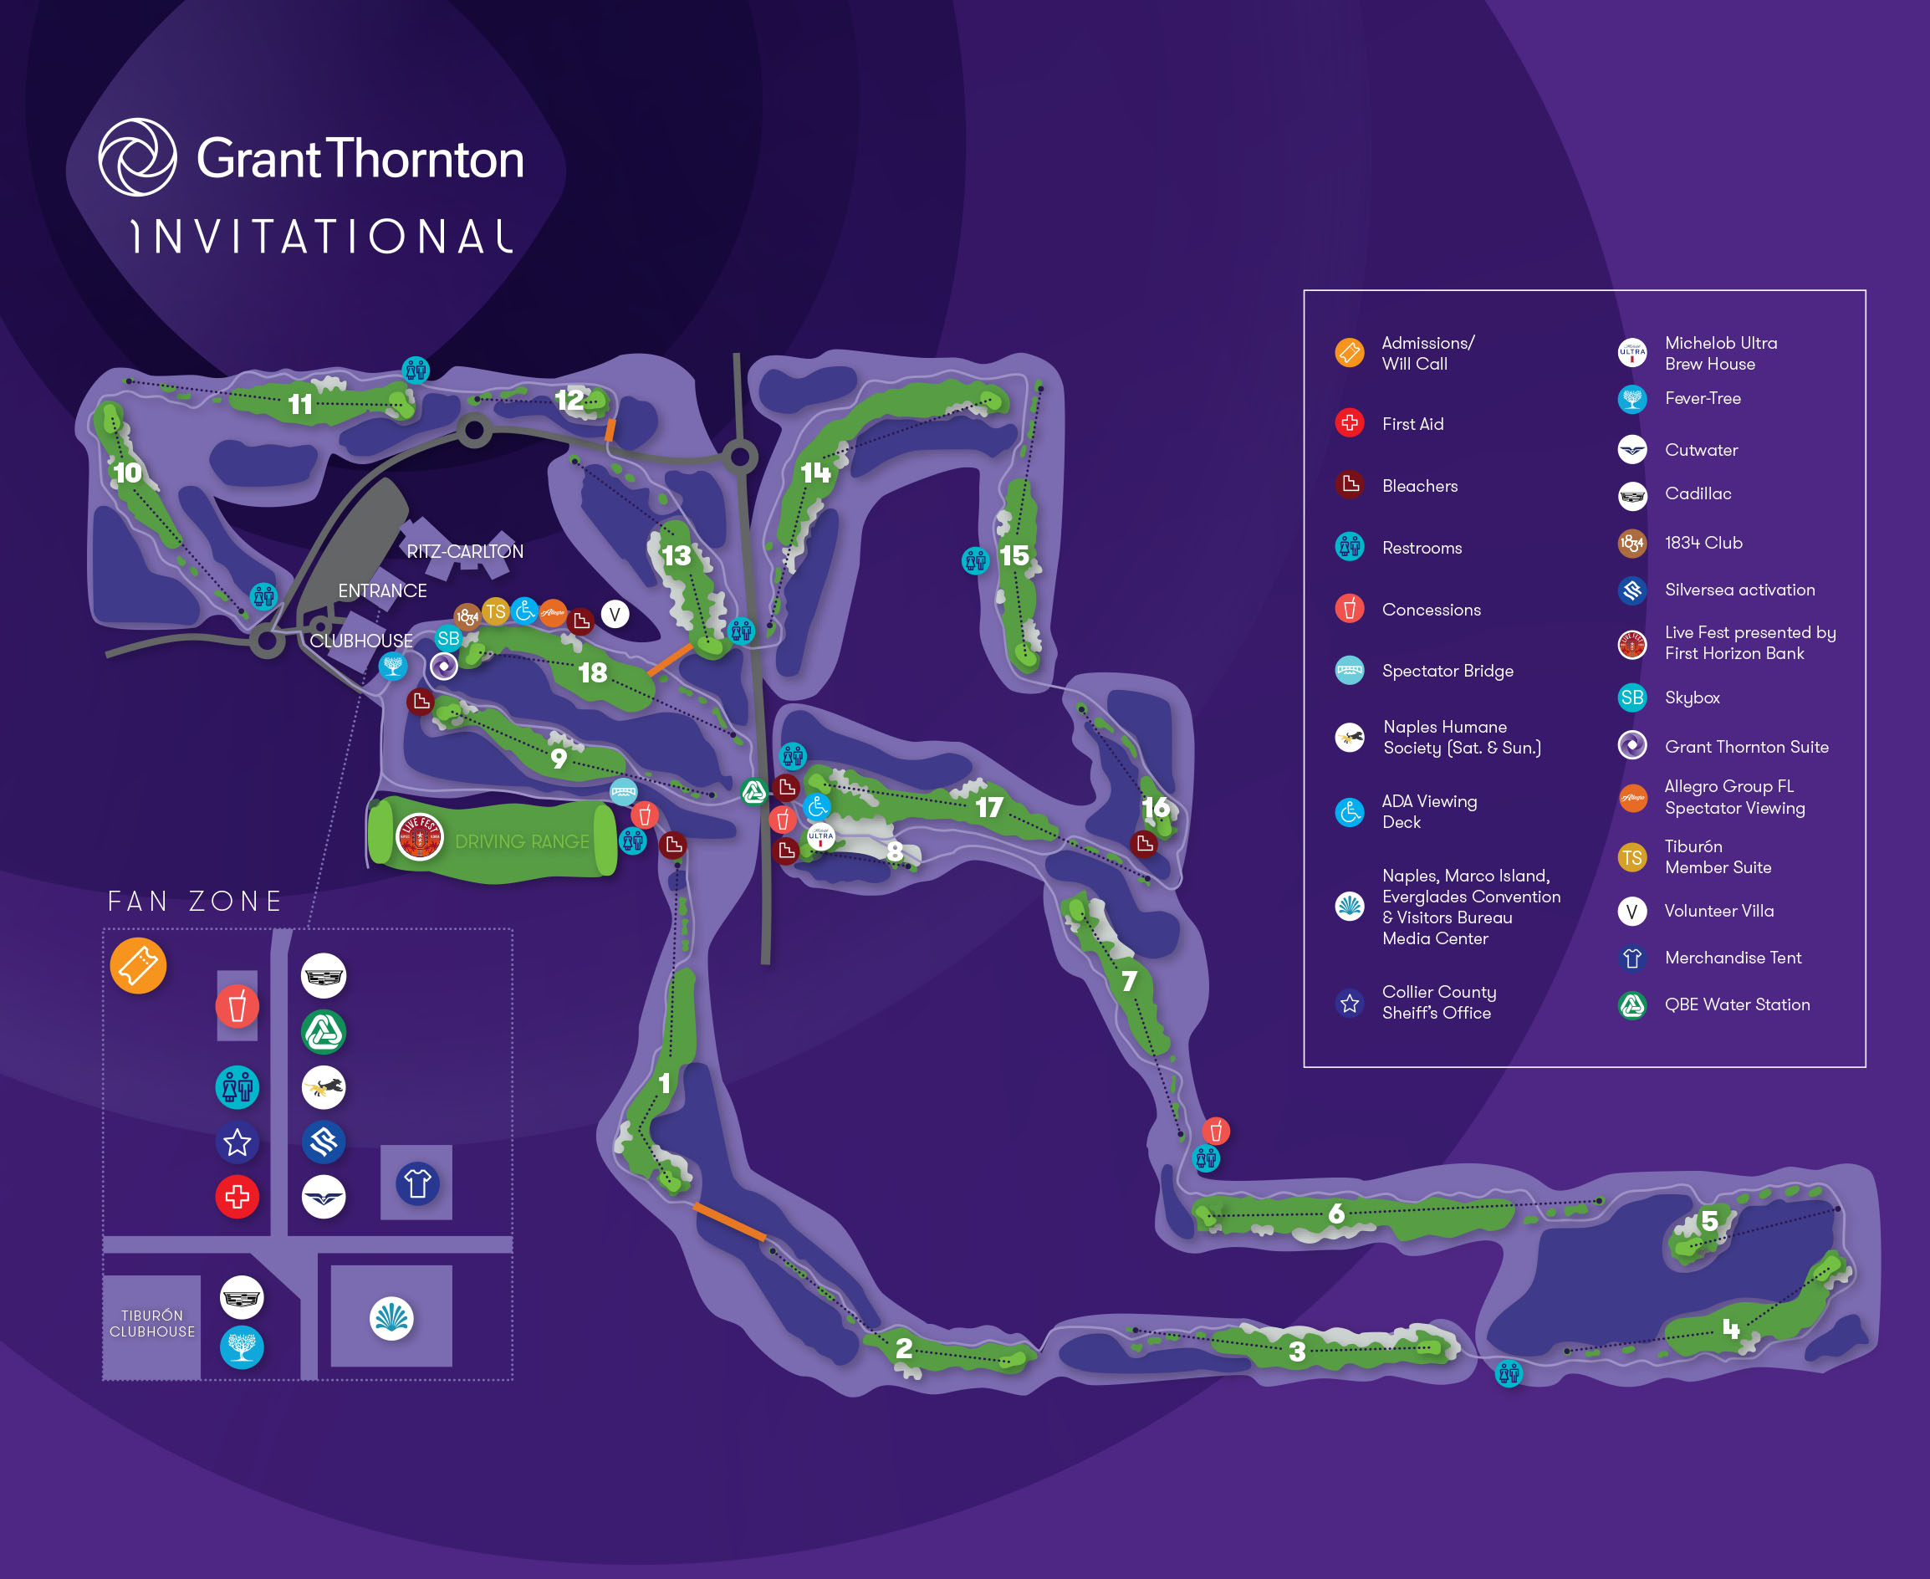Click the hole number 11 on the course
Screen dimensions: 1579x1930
point(300,404)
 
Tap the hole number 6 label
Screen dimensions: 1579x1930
point(1335,1213)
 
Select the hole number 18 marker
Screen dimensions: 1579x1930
point(592,672)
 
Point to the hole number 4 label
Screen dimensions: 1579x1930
point(1730,1329)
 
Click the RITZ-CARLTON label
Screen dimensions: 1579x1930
point(465,551)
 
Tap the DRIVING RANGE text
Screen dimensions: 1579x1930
point(521,841)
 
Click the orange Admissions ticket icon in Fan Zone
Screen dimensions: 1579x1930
point(138,965)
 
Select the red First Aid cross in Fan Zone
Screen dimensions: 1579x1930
point(237,1196)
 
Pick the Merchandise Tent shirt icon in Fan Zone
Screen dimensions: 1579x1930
point(417,1183)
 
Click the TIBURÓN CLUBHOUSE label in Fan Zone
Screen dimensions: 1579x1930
point(152,1323)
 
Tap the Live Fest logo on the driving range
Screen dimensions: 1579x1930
point(419,837)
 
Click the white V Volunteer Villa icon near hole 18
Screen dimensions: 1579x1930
point(615,614)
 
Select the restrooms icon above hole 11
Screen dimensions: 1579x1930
point(416,370)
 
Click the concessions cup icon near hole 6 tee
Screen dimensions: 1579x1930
point(1215,1131)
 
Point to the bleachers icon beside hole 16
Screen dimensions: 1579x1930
point(1144,844)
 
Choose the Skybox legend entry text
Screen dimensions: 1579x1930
point(1692,698)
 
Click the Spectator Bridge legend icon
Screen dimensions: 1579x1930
point(1349,671)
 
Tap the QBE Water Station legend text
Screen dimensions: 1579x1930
point(1736,1004)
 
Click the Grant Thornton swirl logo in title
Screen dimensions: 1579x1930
point(137,157)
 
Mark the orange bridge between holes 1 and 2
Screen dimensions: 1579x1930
point(729,1222)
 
